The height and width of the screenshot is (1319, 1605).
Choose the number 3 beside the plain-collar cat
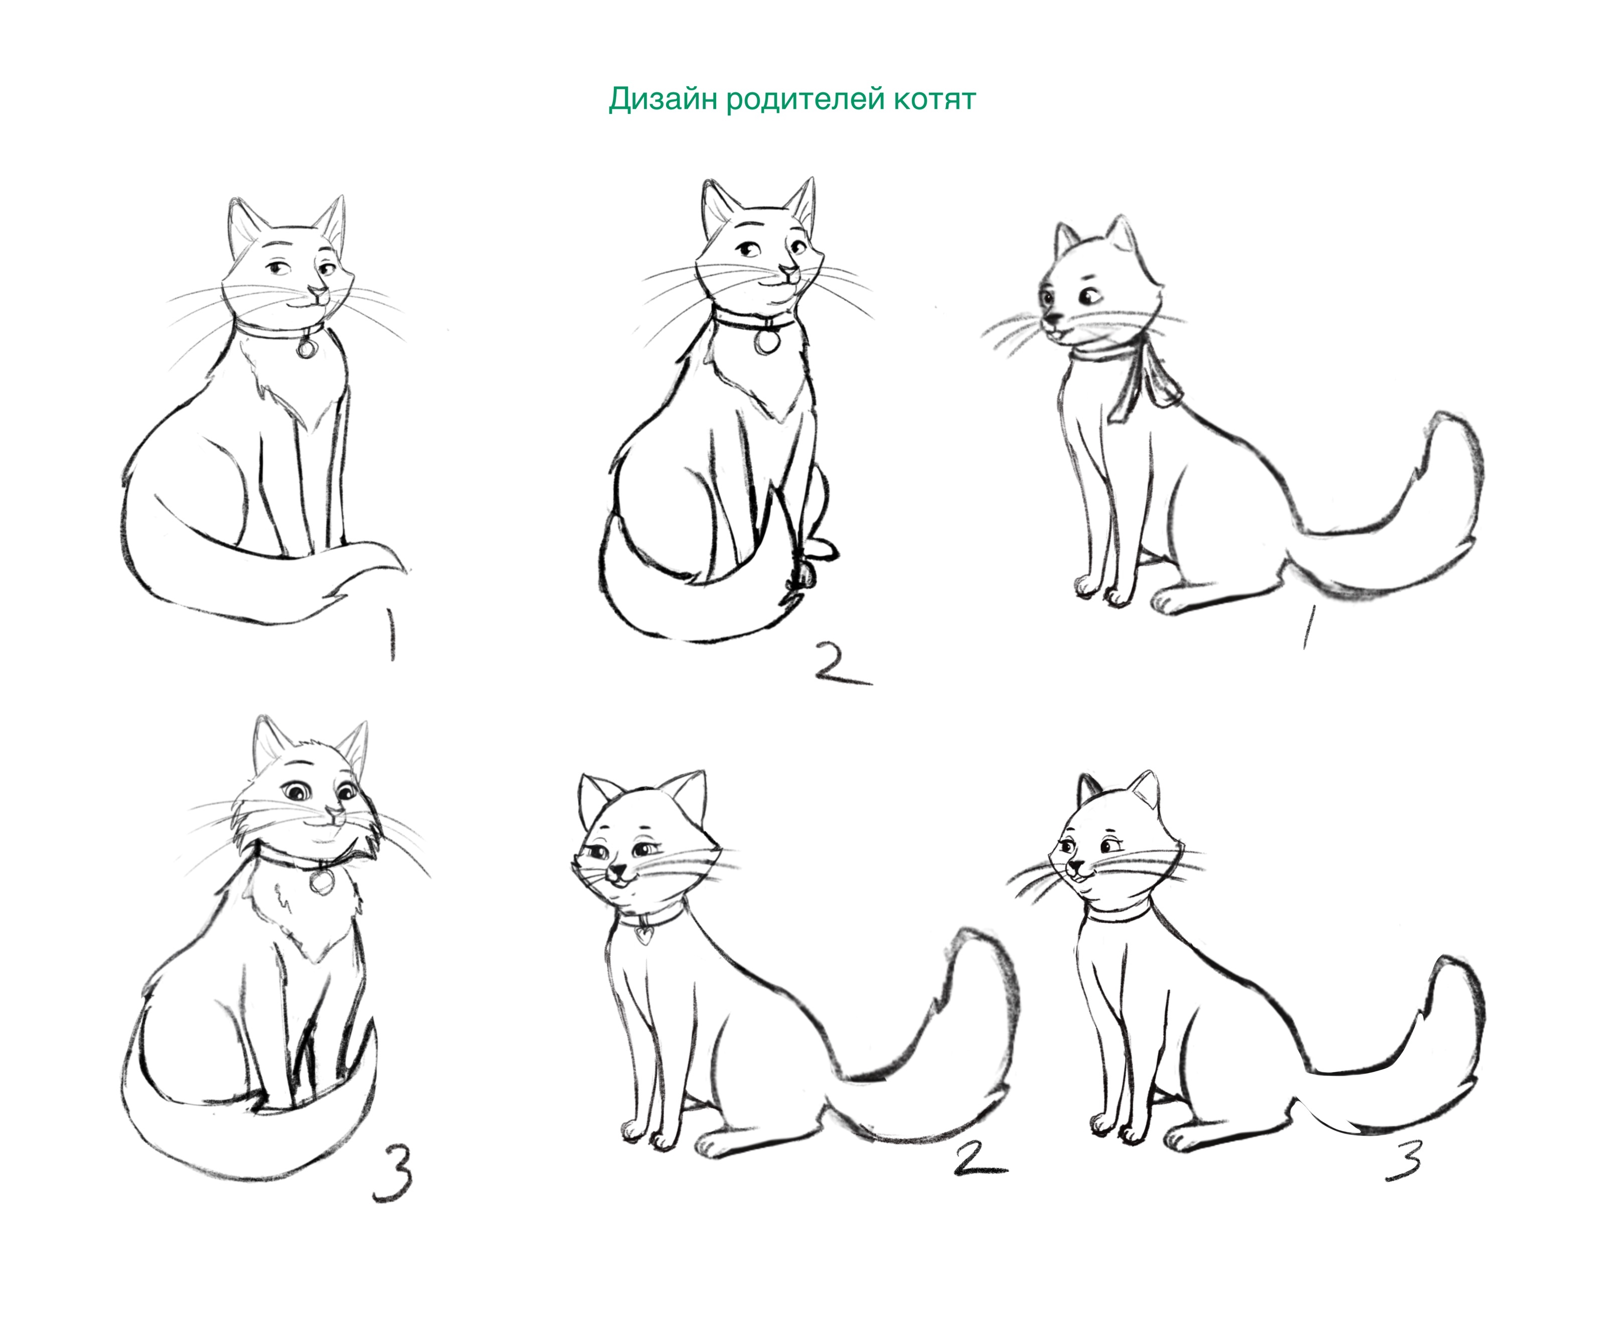tap(1404, 1162)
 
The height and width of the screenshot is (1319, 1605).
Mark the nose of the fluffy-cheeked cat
tap(332, 817)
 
